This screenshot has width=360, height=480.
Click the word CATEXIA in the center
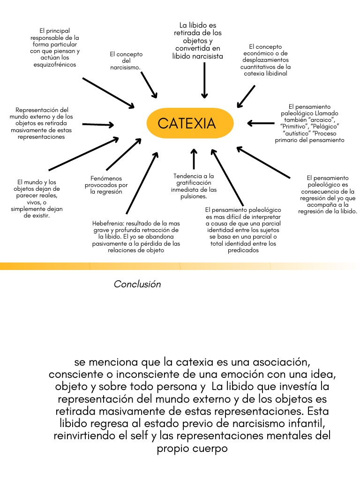[x=187, y=123]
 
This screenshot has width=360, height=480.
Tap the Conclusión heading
[x=137, y=285]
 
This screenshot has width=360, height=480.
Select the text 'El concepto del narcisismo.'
[x=126, y=61]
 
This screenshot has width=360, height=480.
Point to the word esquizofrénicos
[x=55, y=65]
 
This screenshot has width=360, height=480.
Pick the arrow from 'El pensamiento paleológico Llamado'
[x=261, y=123]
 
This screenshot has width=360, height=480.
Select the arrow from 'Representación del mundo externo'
[x=98, y=125]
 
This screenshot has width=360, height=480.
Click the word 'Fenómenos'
[x=106, y=178]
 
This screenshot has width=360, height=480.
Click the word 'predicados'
[x=243, y=250]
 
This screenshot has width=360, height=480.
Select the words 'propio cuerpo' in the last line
[x=192, y=448]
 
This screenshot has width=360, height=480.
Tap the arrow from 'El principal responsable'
[x=108, y=93]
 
